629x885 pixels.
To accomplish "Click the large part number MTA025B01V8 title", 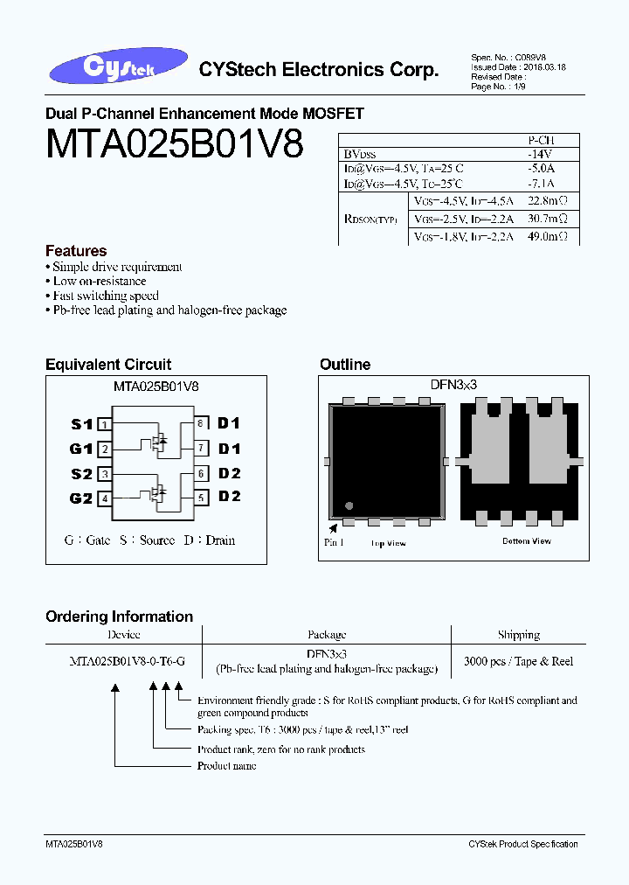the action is point(174,143).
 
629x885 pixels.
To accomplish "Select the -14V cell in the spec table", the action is point(541,154).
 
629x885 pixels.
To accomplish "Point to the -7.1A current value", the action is point(541,184).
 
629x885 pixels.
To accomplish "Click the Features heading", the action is point(76,251).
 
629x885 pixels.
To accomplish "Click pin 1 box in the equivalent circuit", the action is point(104,424).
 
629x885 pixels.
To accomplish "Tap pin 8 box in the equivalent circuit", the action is point(200,423).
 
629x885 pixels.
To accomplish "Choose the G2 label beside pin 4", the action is point(81,498).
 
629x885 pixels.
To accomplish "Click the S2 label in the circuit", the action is point(81,474).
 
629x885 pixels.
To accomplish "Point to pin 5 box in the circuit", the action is point(200,498).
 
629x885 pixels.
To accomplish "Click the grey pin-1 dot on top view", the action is point(349,505).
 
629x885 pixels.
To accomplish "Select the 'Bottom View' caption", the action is point(526,541).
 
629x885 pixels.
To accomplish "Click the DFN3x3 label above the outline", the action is point(453,384).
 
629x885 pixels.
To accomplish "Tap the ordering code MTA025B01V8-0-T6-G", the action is point(127,661).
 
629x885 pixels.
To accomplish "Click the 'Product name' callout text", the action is point(226,766).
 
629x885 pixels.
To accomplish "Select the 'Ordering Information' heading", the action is point(119,617).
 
